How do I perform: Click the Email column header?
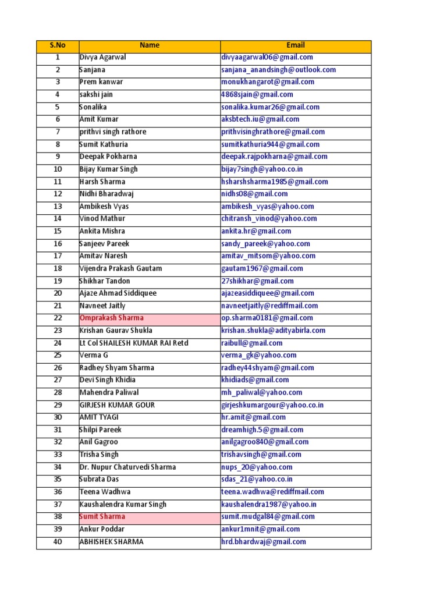click(295, 45)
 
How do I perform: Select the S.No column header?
click(57, 45)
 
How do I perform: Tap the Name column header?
click(150, 45)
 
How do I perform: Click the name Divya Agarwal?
click(103, 57)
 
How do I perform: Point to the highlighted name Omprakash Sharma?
click(112, 318)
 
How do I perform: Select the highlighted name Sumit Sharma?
click(102, 516)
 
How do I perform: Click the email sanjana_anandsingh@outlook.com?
click(278, 70)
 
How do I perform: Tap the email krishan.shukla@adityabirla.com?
click(273, 331)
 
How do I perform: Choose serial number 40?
click(57, 541)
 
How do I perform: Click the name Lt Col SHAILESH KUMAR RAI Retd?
click(134, 343)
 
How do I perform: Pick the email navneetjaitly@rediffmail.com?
click(269, 306)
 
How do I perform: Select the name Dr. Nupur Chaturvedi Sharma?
click(127, 467)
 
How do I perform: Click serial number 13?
click(57, 206)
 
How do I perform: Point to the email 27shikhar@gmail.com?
click(257, 281)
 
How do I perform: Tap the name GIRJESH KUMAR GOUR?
click(117, 405)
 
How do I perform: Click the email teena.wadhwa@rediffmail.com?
click(272, 492)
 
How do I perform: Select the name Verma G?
click(94, 355)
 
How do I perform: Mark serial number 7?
click(57, 132)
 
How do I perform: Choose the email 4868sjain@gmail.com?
click(257, 94)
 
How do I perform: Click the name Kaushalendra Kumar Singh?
click(123, 504)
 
